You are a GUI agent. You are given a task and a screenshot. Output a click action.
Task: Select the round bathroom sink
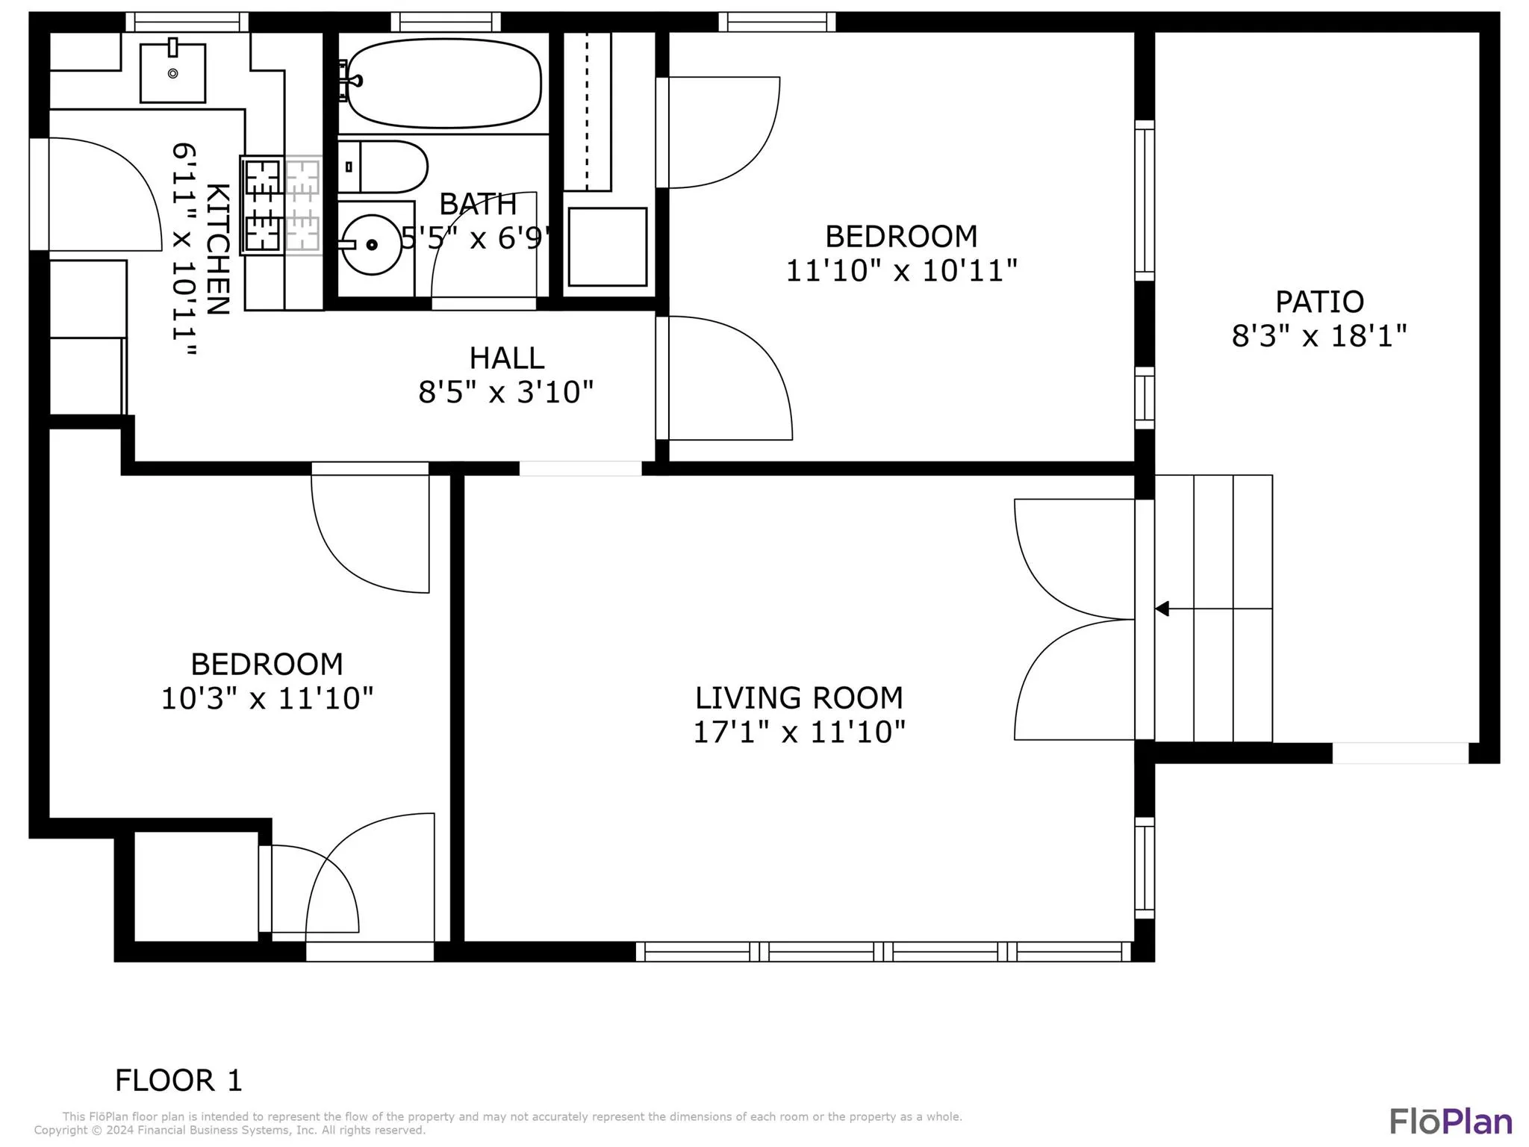tap(371, 244)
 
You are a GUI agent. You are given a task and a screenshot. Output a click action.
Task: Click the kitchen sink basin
tap(172, 72)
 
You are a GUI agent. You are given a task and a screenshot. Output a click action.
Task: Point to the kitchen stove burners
tap(263, 205)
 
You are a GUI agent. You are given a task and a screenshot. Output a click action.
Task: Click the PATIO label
tap(1319, 302)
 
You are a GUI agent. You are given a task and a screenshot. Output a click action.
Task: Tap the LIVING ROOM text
tap(799, 697)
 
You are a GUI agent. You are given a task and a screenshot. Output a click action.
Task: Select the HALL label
tap(506, 358)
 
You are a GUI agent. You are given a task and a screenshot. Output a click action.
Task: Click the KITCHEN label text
tap(217, 249)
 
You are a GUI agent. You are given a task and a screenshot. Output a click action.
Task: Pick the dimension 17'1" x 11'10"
tap(799, 732)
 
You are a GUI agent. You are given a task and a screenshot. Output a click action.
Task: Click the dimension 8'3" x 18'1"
tap(1319, 336)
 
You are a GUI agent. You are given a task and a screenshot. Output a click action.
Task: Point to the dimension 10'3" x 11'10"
tap(267, 698)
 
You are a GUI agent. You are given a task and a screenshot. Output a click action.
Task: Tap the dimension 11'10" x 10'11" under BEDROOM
tap(901, 270)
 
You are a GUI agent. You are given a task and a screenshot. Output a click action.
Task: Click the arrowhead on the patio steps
tap(1162, 609)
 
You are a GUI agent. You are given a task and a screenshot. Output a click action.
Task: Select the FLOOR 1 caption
tap(178, 1080)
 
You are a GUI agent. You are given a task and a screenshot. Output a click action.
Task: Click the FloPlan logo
tap(1451, 1122)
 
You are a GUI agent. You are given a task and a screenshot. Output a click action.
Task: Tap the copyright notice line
tap(230, 1131)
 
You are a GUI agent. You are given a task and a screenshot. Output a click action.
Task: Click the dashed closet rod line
tap(587, 111)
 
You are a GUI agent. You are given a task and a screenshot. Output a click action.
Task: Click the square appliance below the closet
tap(607, 246)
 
